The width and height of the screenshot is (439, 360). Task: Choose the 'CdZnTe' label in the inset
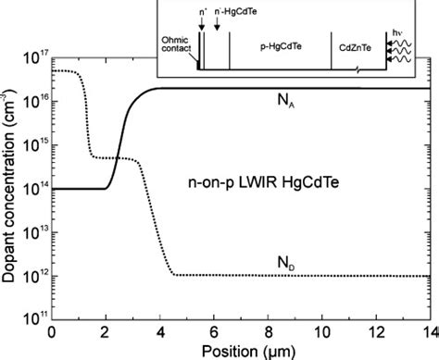tap(357, 43)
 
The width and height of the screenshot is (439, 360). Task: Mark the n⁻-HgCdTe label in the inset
tap(229, 12)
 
